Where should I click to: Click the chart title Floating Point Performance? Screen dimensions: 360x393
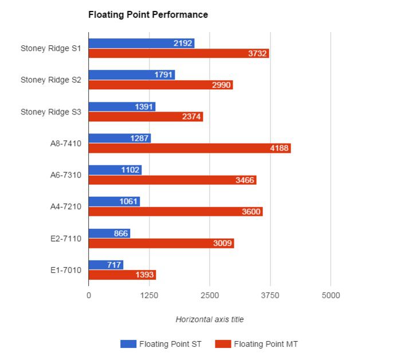click(x=148, y=15)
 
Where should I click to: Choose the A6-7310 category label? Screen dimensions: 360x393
click(x=65, y=175)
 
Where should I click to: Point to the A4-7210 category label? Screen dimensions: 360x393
click(x=65, y=207)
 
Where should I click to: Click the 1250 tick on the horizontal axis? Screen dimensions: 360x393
click(x=149, y=295)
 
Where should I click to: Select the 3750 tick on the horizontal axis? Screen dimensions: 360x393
click(x=270, y=295)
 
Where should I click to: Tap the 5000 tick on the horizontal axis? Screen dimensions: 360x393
click(x=331, y=295)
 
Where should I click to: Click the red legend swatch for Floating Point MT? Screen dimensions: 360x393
click(x=223, y=344)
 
